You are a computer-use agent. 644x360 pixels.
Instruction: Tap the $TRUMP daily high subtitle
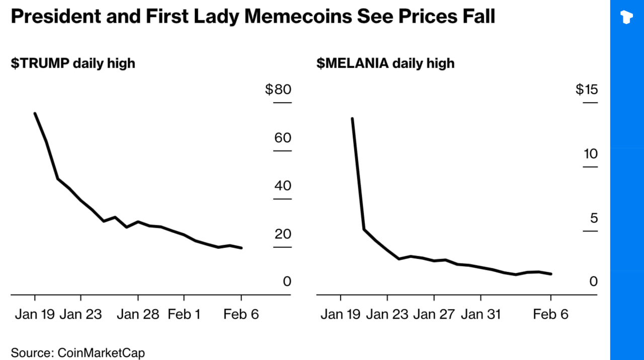73,63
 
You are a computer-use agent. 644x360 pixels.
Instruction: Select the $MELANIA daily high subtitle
385,63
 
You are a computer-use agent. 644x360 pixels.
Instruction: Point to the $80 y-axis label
278,90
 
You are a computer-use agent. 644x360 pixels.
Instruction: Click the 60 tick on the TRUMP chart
283,138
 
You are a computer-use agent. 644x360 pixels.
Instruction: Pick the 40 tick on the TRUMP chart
283,186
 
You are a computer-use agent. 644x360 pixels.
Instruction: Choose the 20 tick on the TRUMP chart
283,234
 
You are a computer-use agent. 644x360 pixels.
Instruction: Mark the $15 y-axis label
587,90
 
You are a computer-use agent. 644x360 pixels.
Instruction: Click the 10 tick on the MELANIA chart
590,154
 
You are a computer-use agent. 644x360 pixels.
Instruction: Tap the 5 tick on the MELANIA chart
594,218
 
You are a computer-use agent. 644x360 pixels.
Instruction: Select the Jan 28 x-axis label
138,315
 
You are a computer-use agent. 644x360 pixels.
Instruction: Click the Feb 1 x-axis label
184,315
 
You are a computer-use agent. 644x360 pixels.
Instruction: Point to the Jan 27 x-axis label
434,315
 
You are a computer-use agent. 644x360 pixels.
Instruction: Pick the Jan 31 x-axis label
481,315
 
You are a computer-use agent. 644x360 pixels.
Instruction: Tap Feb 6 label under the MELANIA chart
550,315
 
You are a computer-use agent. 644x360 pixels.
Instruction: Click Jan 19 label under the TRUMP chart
35,315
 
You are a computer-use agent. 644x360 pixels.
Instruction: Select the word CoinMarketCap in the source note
101,352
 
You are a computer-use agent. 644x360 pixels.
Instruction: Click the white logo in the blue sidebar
627,17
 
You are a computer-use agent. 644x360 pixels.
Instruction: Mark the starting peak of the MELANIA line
352,119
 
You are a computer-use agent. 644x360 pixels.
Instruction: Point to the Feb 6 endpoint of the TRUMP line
242,248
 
